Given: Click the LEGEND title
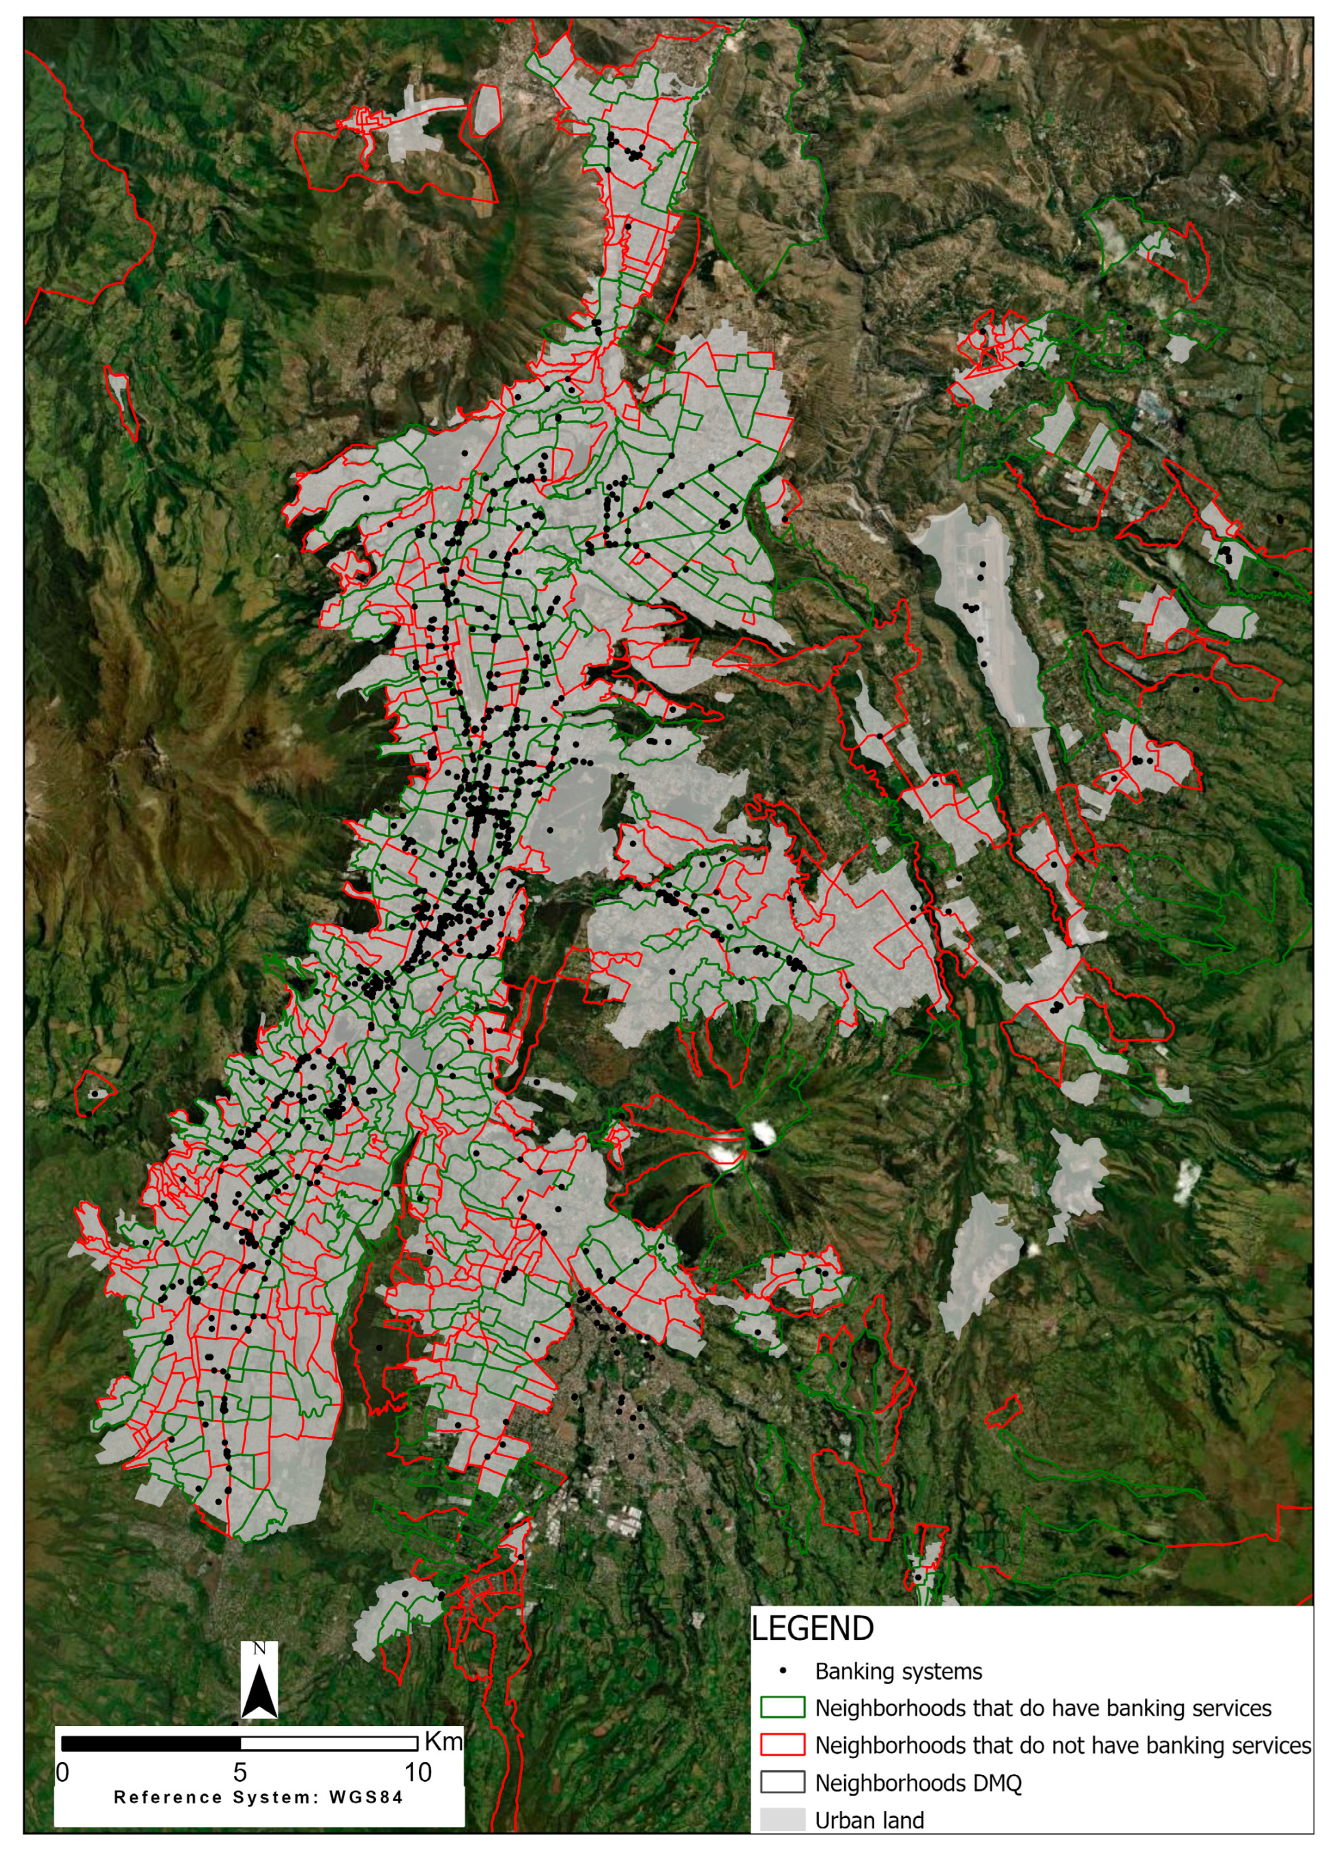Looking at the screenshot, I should point(813,1628).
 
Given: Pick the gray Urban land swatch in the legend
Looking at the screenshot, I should point(782,1819).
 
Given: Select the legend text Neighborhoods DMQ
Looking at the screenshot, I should point(917,1782).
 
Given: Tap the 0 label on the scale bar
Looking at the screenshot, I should point(62,1772).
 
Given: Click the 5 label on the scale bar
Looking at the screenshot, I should point(240,1772).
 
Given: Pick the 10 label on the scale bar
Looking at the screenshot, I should point(418,1772).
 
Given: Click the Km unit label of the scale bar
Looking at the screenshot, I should point(443,1742).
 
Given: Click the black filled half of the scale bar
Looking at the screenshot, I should point(151,1743).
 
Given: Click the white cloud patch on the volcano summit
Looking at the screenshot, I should point(762,1133).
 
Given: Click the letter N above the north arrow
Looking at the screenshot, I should point(259,1648).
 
